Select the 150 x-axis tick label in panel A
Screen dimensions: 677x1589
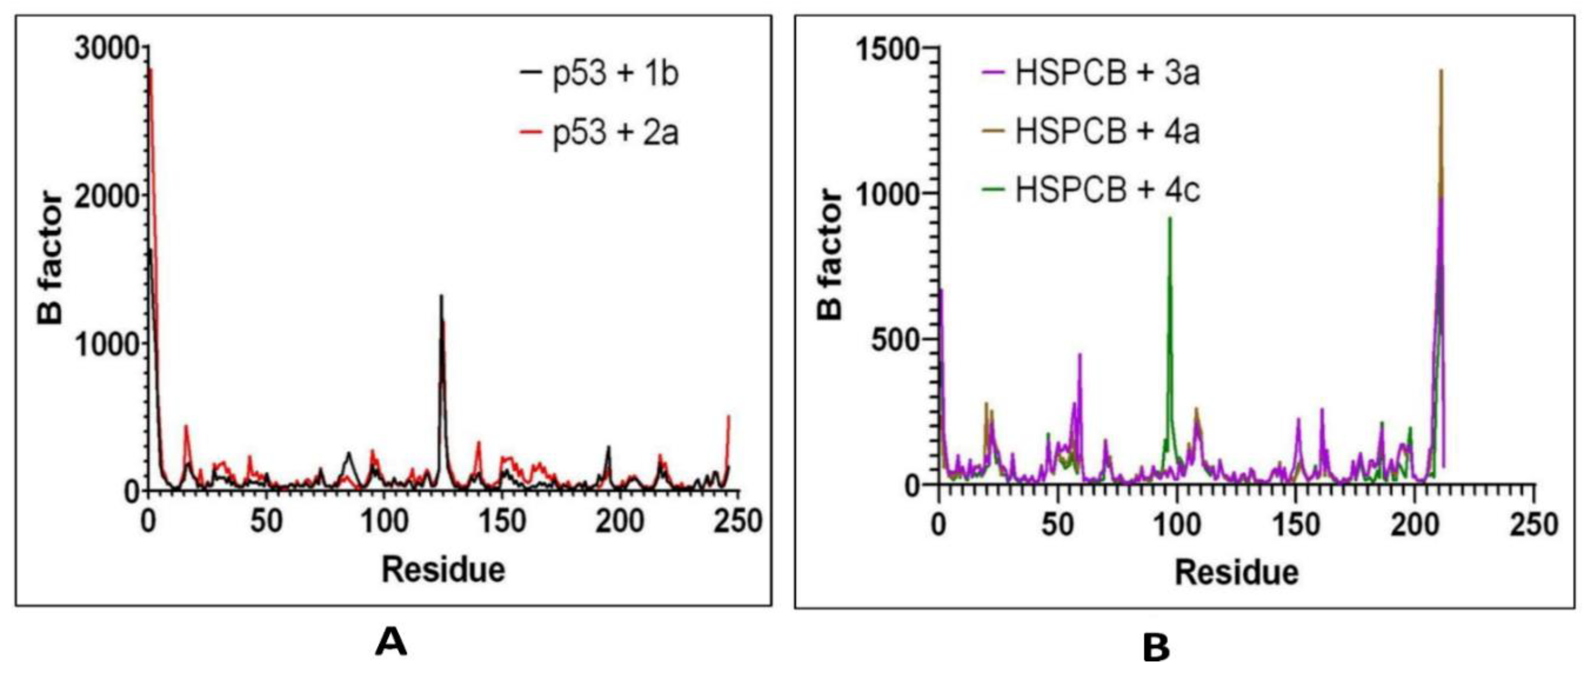pyautogui.click(x=502, y=521)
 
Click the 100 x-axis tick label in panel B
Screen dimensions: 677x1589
pyautogui.click(x=1176, y=524)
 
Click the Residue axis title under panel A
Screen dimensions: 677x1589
pyautogui.click(x=443, y=569)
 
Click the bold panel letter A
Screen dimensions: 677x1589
pyautogui.click(x=391, y=642)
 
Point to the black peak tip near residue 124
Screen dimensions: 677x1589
pyautogui.click(x=441, y=297)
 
